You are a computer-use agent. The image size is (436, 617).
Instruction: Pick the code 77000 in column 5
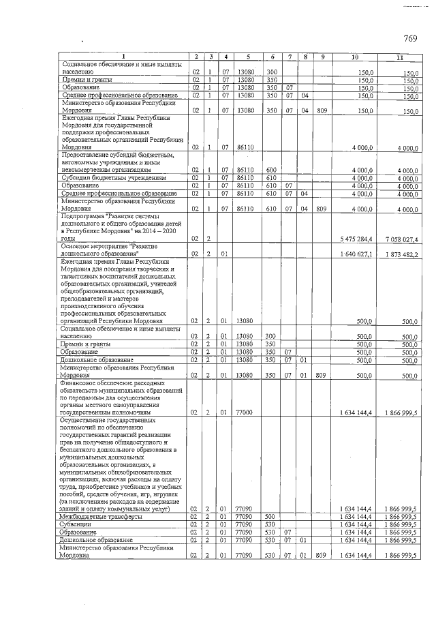tap(243, 412)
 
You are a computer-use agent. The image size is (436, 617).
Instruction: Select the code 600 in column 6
tap(270, 170)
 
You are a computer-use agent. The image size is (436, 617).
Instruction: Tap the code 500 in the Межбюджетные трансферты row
tap(270, 517)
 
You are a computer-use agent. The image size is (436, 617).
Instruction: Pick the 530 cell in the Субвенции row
tap(270, 524)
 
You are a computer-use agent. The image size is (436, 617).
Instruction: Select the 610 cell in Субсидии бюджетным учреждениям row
tap(270, 177)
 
